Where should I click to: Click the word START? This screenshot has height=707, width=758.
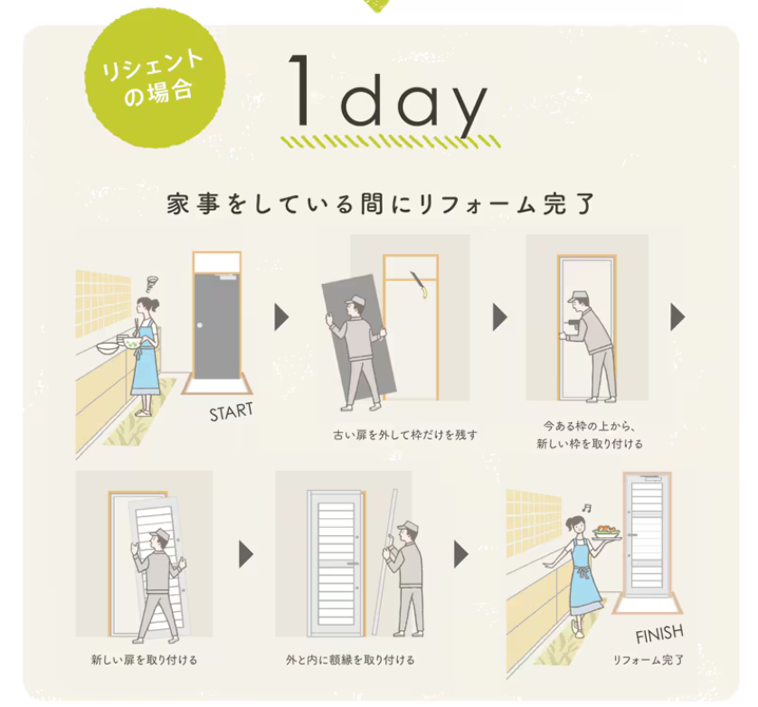(x=231, y=412)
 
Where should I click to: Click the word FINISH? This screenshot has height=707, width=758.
(x=659, y=632)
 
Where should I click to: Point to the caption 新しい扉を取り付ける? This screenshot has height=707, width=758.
(x=145, y=660)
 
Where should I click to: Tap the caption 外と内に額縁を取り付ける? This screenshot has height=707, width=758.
(x=350, y=660)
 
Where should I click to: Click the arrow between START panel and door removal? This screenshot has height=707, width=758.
(x=280, y=317)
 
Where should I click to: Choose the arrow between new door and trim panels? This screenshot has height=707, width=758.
(x=245, y=554)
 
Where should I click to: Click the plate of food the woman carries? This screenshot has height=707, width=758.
(x=606, y=534)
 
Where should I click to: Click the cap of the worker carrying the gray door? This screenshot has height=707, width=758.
(x=355, y=300)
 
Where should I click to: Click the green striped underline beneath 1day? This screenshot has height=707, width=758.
(x=389, y=142)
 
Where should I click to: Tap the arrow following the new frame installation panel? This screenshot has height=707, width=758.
(x=677, y=317)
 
